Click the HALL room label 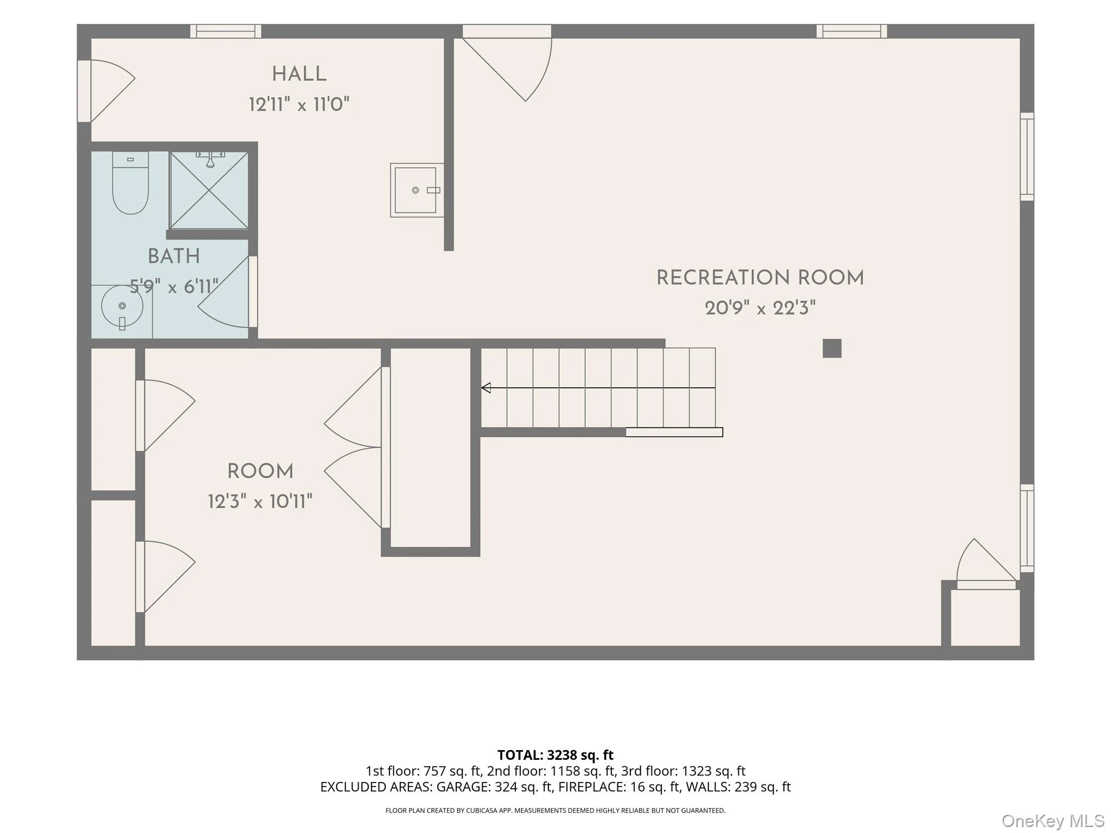click(x=299, y=74)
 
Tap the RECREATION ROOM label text click(x=760, y=278)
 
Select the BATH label click(x=174, y=257)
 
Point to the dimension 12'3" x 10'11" click(x=260, y=501)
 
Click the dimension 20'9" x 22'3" click(x=760, y=308)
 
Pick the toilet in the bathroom click(x=130, y=182)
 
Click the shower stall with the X click(x=209, y=190)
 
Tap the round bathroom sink click(x=122, y=306)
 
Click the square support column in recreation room click(x=832, y=348)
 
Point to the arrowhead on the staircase click(x=486, y=388)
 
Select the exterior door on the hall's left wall click(x=106, y=91)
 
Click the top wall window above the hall click(x=226, y=31)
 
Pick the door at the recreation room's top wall click(x=507, y=62)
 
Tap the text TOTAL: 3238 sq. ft click(x=555, y=755)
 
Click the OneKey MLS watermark click(x=1053, y=821)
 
